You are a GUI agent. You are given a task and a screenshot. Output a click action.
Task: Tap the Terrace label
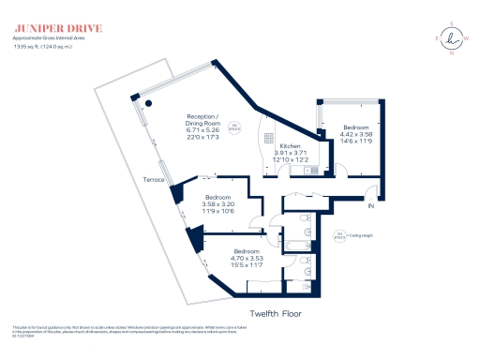(x=153, y=179)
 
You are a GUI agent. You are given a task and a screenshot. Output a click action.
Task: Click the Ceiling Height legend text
(x=360, y=237)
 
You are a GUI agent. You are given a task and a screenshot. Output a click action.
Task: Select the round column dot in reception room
(x=146, y=103)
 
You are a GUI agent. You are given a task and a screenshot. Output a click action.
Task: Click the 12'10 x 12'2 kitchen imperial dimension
(x=290, y=160)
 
